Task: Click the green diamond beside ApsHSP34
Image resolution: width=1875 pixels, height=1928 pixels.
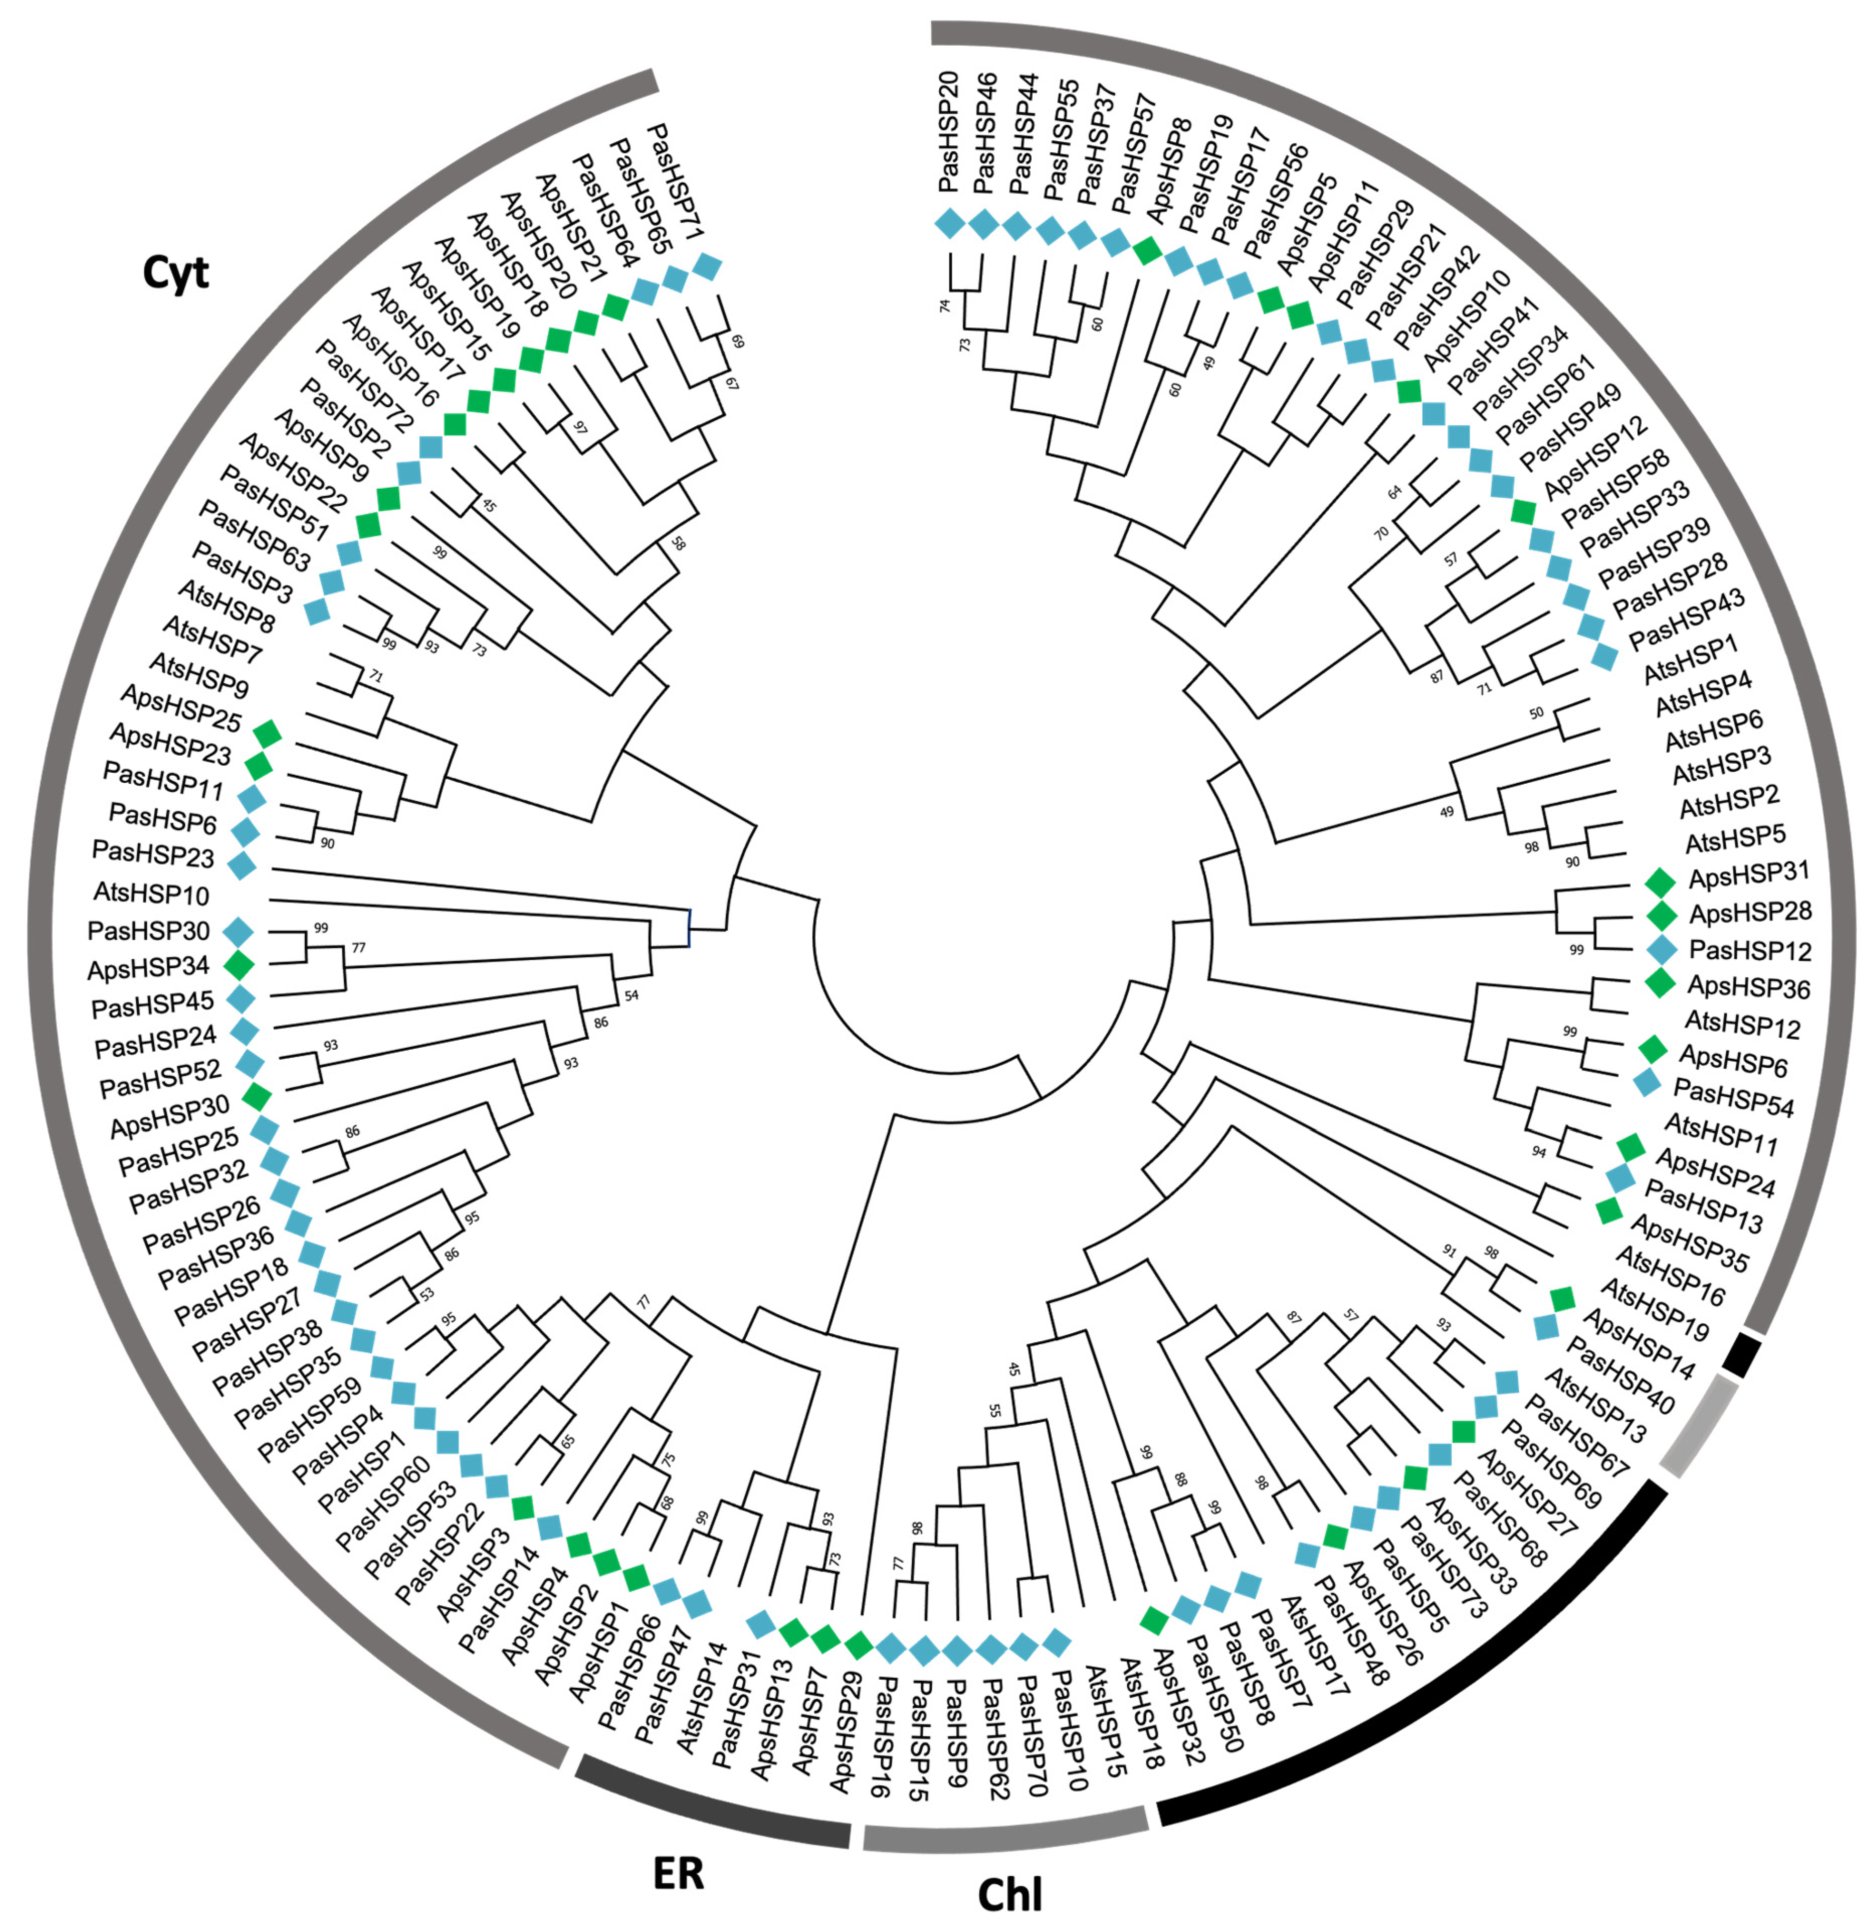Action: (239, 964)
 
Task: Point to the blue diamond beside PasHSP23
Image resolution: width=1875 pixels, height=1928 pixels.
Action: (241, 866)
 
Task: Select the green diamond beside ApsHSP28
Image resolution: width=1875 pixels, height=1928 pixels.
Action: (1661, 915)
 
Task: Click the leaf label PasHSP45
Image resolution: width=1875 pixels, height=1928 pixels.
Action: (153, 1005)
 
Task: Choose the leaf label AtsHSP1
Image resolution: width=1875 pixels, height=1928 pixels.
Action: (1690, 658)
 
